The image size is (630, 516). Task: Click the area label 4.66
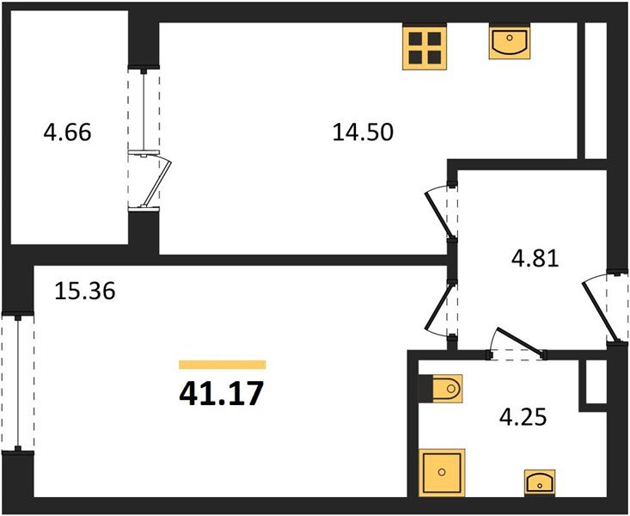(68, 132)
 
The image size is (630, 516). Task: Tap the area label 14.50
(363, 132)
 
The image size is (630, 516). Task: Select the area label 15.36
(85, 291)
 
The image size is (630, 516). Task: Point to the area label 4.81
(535, 258)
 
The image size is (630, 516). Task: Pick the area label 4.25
(523, 416)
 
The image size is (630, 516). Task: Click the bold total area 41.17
(221, 393)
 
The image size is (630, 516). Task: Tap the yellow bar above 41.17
(223, 365)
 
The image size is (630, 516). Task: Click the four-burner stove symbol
(425, 48)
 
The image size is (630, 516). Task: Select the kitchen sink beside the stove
(510, 41)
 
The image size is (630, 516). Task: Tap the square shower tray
(442, 472)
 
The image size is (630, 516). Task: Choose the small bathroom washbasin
(540, 482)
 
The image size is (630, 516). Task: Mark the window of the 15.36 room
(18, 382)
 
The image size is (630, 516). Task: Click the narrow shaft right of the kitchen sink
(596, 90)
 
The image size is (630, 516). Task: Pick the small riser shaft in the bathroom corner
(596, 382)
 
